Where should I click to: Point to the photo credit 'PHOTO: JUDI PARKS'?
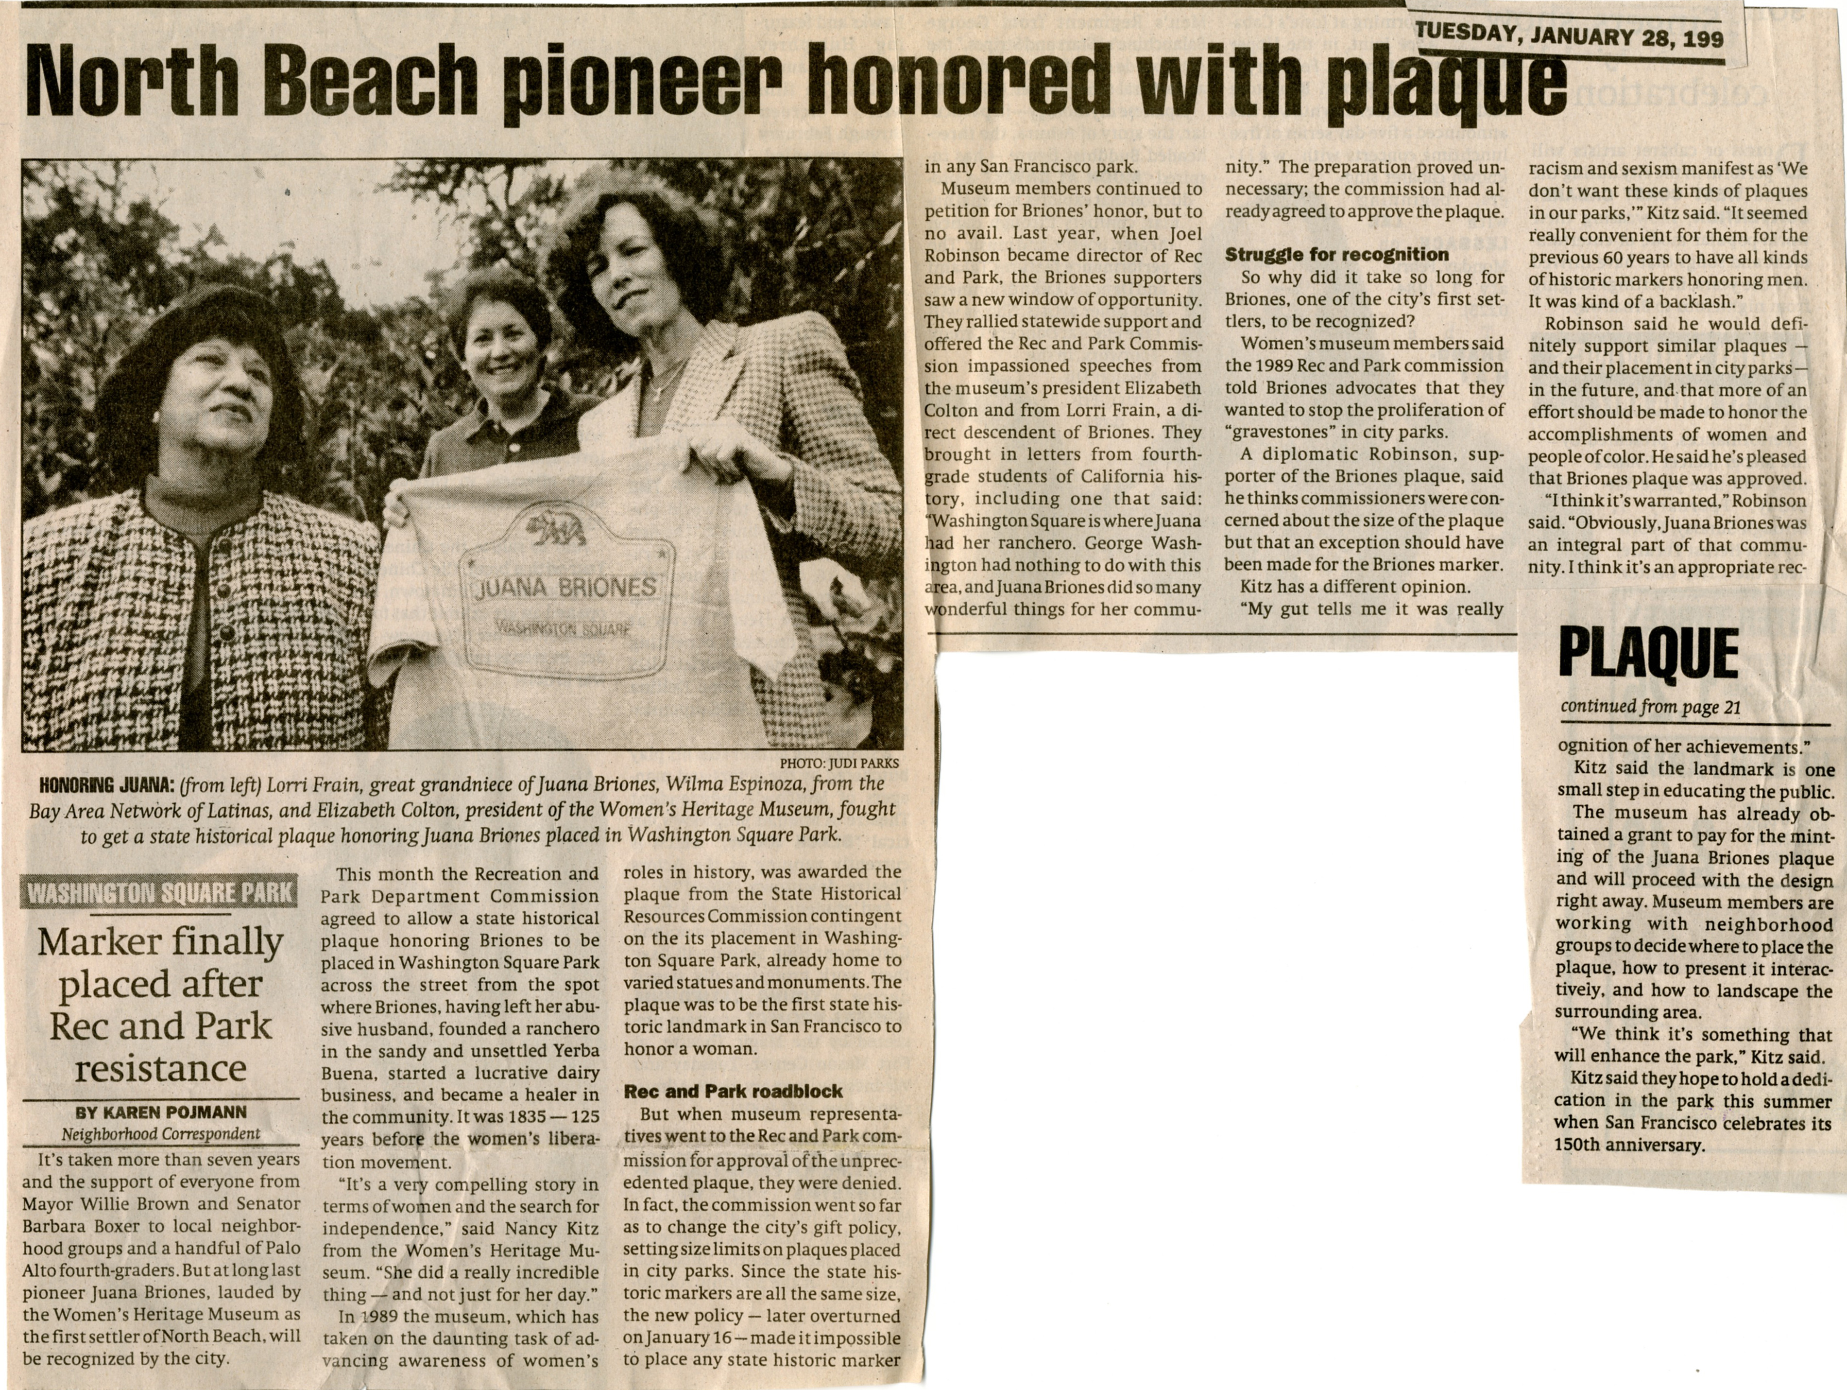pyautogui.click(x=839, y=763)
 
